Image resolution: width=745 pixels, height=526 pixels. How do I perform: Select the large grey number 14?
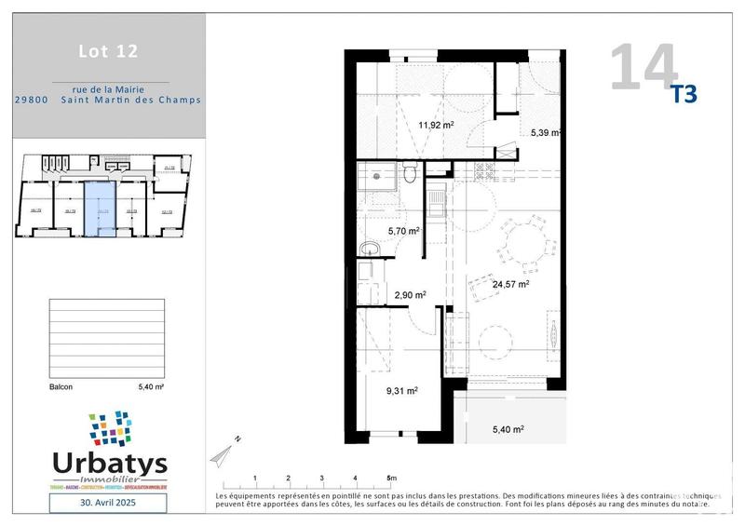click(x=643, y=67)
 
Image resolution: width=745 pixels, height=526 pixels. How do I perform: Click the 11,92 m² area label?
click(x=435, y=124)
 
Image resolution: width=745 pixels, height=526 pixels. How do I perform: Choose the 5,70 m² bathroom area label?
click(x=403, y=231)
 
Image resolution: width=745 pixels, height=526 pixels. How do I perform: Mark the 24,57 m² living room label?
click(x=510, y=285)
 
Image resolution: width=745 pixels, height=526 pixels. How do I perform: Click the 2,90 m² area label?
click(x=409, y=294)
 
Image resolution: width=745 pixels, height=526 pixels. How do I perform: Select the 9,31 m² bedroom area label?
click(x=400, y=391)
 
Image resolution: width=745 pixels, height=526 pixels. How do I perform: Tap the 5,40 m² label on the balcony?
click(x=508, y=429)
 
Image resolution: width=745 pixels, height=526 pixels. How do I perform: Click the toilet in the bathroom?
click(x=410, y=173)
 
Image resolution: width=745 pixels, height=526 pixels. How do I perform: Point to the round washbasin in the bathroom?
click(x=369, y=248)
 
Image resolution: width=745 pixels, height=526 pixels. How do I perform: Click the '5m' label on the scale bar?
click(x=391, y=478)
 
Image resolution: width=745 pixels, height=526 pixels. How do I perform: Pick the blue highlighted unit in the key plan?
click(x=98, y=209)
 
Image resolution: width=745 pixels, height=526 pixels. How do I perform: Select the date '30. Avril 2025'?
click(x=107, y=503)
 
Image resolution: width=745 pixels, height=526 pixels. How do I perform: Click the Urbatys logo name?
click(x=108, y=463)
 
